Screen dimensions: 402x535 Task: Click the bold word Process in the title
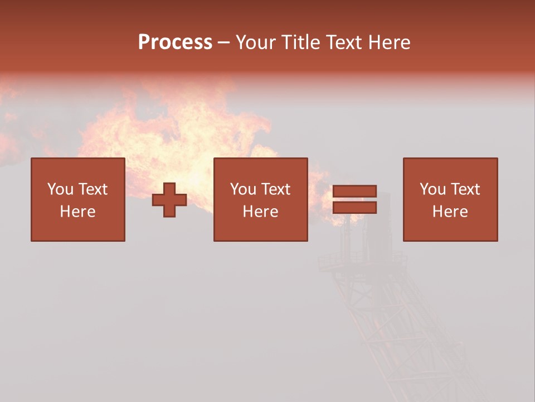coord(175,42)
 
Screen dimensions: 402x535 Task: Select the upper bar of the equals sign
coord(354,191)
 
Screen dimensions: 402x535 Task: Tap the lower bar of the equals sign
coord(354,208)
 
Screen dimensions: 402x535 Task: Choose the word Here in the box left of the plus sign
coord(77,212)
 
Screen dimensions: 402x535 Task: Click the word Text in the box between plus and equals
coord(276,189)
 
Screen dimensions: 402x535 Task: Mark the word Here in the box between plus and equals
coord(260,212)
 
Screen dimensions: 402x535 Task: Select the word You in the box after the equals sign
coord(432,189)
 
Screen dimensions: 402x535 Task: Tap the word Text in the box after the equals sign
coord(465,189)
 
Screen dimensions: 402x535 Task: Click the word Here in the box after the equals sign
coord(450,212)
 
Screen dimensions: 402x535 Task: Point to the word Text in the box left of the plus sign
coord(93,189)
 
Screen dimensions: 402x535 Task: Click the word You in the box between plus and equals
coord(242,189)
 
